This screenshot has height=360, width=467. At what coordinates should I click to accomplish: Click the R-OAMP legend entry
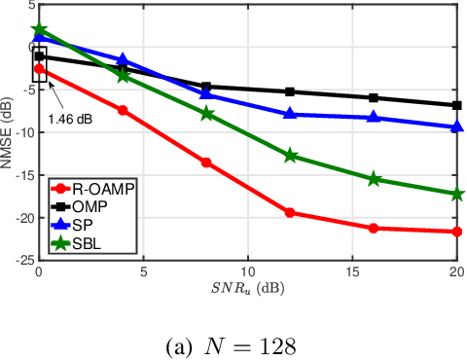pyautogui.click(x=93, y=190)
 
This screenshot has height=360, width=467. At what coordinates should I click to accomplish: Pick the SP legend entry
pyautogui.click(x=84, y=225)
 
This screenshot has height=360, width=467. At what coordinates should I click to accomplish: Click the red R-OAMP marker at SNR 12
pyautogui.click(x=290, y=212)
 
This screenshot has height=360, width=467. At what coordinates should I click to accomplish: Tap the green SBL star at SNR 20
pyautogui.click(x=457, y=194)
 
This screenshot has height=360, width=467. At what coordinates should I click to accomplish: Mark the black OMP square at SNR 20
pyautogui.click(x=457, y=105)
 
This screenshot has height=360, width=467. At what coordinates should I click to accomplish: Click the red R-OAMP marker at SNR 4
pyautogui.click(x=123, y=110)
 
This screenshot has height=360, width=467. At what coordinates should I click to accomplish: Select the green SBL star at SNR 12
pyautogui.click(x=290, y=156)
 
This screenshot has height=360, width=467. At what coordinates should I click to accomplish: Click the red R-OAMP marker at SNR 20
pyautogui.click(x=457, y=232)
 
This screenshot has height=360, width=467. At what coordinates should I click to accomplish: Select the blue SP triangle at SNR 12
pyautogui.click(x=290, y=114)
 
